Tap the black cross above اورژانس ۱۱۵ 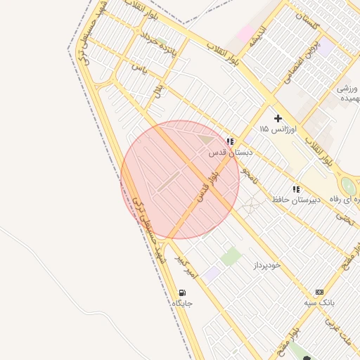(x=278, y=118)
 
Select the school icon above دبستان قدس (x=230, y=141)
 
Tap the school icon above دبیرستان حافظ (x=296, y=189)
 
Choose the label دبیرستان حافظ (x=297, y=200)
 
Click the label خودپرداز (x=266, y=265)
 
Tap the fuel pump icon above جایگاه (x=183, y=292)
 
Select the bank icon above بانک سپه (x=320, y=292)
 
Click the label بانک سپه (x=320, y=302)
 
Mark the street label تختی (x=345, y=217)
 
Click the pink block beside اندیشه (x=245, y=32)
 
